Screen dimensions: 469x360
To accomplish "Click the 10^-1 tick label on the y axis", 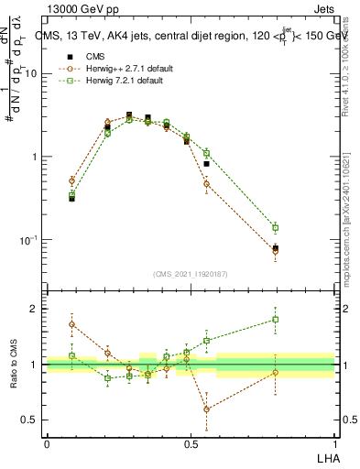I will [30, 240].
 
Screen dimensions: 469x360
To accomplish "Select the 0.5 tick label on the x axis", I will [191, 443].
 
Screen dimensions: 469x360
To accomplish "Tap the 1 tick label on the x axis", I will [334, 443].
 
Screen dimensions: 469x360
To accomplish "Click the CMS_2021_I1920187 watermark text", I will [191, 273].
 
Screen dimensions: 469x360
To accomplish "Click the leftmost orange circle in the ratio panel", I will [71, 324].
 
